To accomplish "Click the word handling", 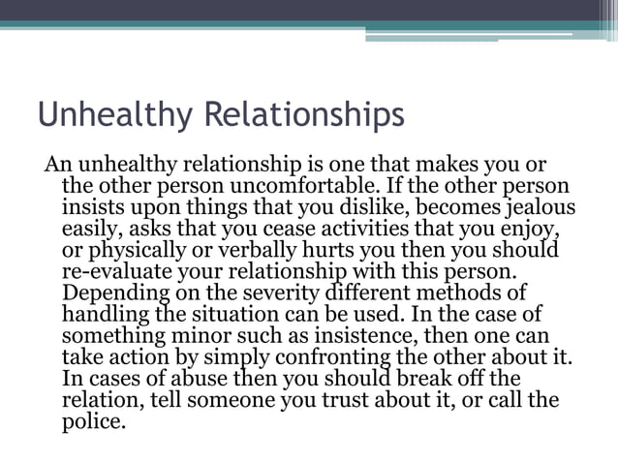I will click(106, 314).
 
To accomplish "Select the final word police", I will click(94, 421).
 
